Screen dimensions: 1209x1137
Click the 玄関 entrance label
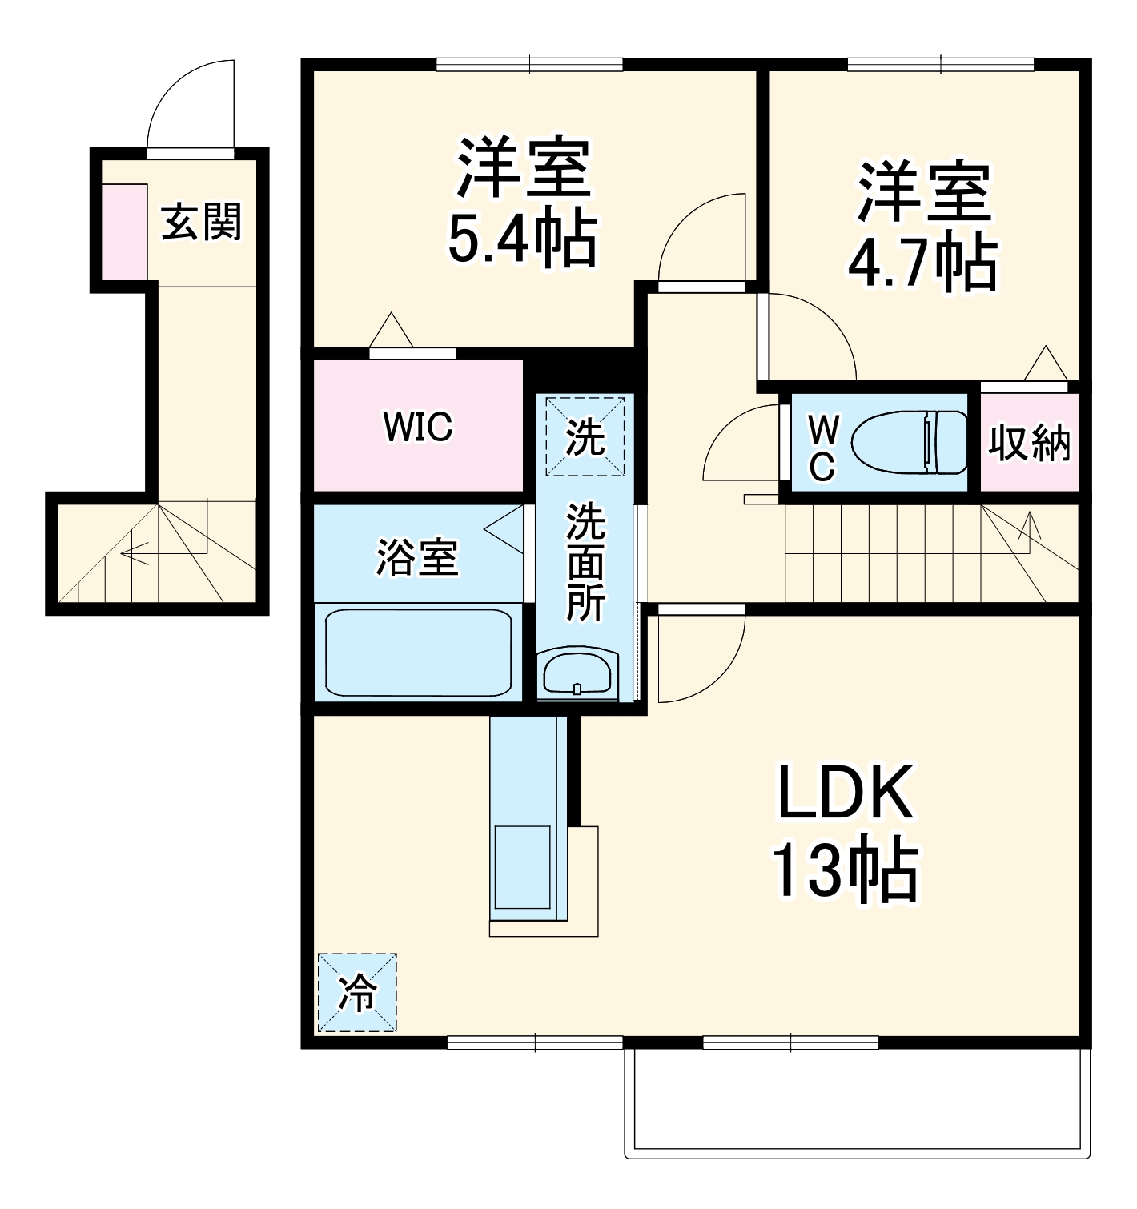201,222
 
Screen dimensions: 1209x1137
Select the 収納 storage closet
1029,442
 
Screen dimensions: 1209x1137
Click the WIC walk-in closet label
418,427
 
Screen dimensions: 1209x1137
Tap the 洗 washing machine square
585,436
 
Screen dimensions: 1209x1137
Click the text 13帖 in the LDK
844,870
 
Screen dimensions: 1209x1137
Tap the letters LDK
845,793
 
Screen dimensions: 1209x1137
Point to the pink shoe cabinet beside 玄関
125,232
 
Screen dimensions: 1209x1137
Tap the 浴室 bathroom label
417,558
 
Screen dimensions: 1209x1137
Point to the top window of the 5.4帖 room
529,64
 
